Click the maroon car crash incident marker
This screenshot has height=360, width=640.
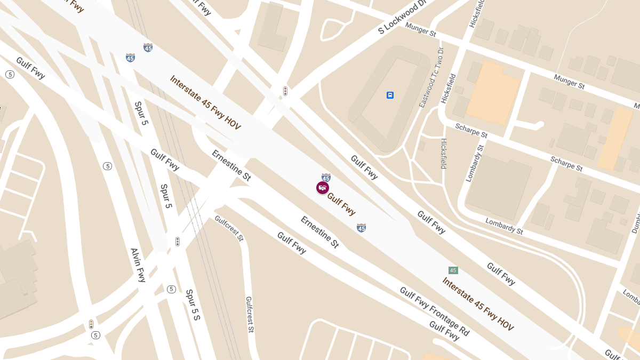[x=322, y=188]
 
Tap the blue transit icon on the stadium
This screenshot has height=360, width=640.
[x=390, y=95]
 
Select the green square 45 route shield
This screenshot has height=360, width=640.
[x=453, y=270]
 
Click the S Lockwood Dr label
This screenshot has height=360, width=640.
[x=403, y=17]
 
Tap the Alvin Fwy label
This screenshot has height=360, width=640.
[x=138, y=265]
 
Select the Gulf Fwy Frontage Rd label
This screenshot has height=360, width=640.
[x=435, y=311]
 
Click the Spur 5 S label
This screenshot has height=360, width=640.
[x=193, y=305]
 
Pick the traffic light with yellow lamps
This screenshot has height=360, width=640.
[x=91, y=324]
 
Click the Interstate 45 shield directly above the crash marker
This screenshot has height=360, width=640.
[x=326, y=177]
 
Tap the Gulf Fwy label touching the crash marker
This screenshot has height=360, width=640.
[x=341, y=204]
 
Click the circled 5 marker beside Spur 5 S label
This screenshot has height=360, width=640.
[x=171, y=290]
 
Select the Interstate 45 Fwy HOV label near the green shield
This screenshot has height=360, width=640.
[x=477, y=304]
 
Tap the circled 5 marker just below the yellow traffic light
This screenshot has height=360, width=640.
[x=95, y=335]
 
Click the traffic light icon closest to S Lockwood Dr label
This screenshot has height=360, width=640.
[x=285, y=91]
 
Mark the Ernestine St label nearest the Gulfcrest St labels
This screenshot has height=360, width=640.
[x=319, y=231]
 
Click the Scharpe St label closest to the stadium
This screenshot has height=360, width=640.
[x=471, y=131]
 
